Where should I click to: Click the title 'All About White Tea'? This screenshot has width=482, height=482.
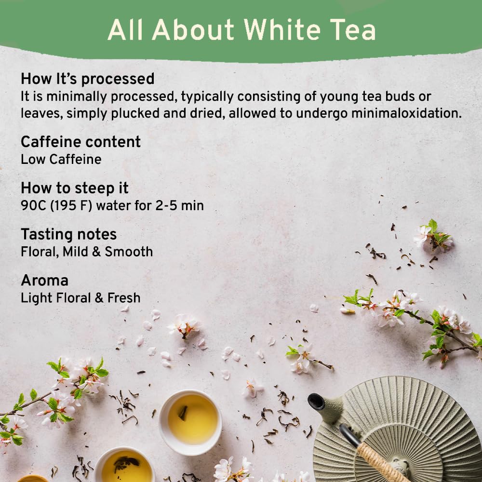click(241, 30)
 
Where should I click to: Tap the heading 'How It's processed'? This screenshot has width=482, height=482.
click(87, 79)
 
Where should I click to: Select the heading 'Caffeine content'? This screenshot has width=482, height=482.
click(80, 142)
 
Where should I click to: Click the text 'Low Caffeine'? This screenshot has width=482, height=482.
click(61, 160)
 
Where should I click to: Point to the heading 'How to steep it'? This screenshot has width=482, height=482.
click(74, 188)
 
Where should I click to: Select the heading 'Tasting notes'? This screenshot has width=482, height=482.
click(68, 234)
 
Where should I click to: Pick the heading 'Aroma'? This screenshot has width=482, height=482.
click(44, 281)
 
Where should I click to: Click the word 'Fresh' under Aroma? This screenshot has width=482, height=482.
click(124, 298)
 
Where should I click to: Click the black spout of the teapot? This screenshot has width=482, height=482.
click(317, 402)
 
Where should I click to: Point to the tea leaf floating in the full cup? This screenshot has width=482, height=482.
click(183, 413)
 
